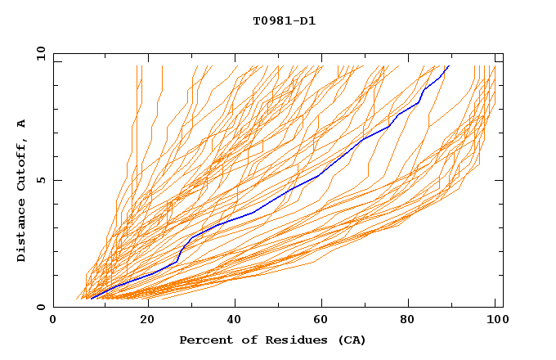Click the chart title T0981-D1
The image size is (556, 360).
(x=285, y=21)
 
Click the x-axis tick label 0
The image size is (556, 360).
(x=53, y=320)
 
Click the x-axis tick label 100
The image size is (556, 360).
(x=495, y=320)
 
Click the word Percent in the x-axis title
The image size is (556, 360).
(x=203, y=340)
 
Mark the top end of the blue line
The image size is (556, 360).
(x=449, y=65)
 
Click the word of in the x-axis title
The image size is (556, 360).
(x=243, y=340)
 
